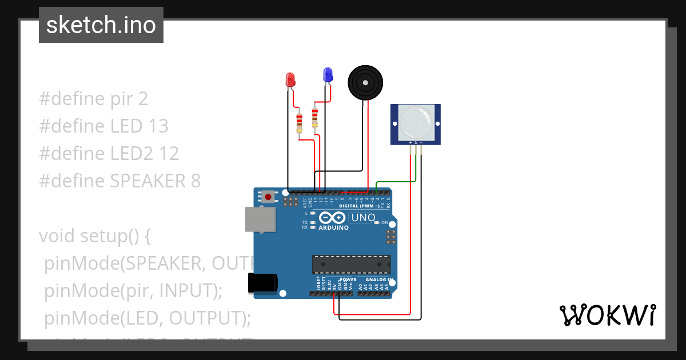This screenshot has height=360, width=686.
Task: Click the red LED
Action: point(290,79)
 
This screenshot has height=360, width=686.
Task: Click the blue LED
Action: point(328,74)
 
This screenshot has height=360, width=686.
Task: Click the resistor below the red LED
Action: point(299,123)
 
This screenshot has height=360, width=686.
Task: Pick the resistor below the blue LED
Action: point(314,118)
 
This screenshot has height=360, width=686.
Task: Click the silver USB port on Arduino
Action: point(260,219)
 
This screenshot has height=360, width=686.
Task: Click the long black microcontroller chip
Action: point(351,265)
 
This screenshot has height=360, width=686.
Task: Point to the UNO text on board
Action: point(363,218)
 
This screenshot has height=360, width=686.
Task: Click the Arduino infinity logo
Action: point(332,218)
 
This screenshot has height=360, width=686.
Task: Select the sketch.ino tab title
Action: point(101,25)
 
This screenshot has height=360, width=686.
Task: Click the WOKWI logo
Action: point(607,315)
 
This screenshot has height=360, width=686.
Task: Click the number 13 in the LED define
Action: point(158,126)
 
